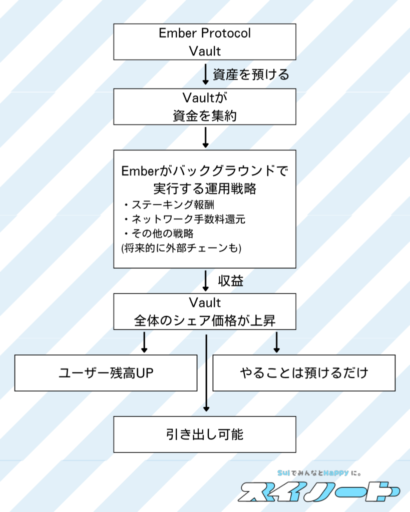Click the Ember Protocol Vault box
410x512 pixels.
tap(205, 42)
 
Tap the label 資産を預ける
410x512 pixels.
tap(251, 75)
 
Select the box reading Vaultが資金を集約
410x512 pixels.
tap(205, 107)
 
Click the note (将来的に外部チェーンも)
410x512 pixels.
tap(181, 248)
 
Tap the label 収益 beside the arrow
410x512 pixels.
tap(230, 281)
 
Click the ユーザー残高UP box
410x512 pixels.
tap(106, 373)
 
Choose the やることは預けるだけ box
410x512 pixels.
tap(304, 373)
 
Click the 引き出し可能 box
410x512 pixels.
tap(205, 434)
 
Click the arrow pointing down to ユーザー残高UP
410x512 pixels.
tap(144, 342)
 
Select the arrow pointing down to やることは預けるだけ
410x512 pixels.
tap(276, 342)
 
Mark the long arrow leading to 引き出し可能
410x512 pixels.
tap(206, 372)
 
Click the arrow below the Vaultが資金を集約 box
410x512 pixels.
tap(205, 137)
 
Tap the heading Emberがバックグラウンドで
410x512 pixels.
tap(205, 171)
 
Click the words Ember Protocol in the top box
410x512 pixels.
tap(205, 33)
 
